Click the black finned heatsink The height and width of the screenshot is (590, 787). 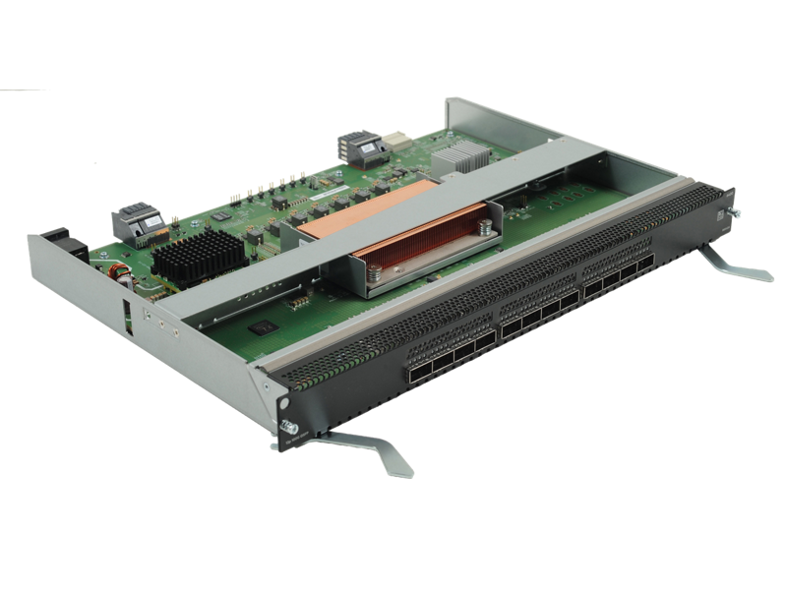tap(198, 257)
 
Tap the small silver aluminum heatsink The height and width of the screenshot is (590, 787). tap(466, 154)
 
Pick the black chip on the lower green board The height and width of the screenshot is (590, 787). tap(261, 326)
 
